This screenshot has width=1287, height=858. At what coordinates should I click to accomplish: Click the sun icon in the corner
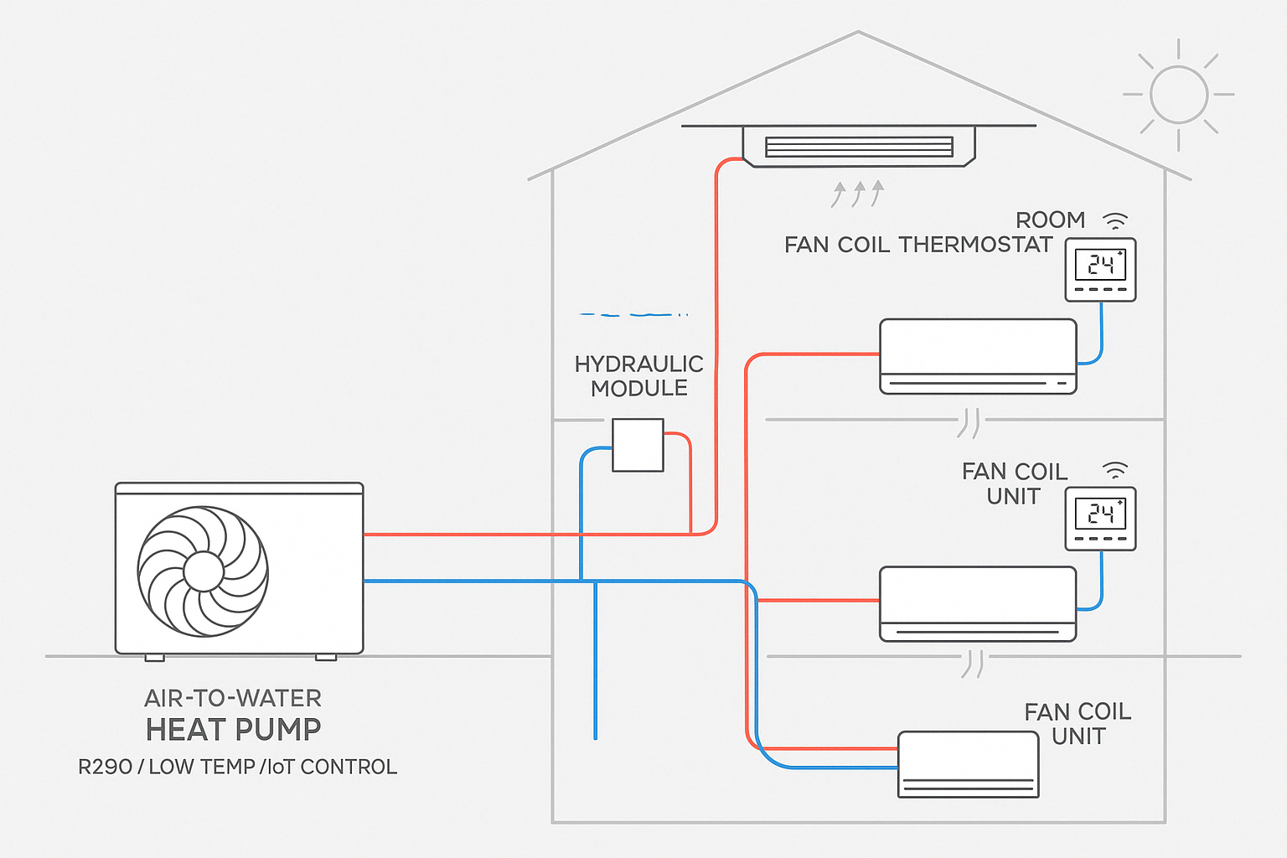click(x=1178, y=94)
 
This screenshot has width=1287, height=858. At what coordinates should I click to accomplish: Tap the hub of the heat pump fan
click(x=203, y=571)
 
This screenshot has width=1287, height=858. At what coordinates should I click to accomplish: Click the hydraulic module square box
click(x=638, y=445)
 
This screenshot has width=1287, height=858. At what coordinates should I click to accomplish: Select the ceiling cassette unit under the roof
click(x=859, y=147)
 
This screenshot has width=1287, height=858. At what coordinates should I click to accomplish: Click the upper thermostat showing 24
click(x=1100, y=269)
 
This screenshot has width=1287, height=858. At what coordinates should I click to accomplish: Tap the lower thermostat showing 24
click(x=1100, y=518)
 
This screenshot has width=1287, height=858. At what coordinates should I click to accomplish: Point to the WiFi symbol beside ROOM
click(x=1115, y=221)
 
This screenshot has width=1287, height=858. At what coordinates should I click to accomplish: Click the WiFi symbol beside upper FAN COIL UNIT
click(x=1115, y=471)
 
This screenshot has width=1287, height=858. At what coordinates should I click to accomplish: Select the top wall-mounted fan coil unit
click(x=978, y=355)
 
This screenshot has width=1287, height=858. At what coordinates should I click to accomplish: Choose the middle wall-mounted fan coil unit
click(x=978, y=603)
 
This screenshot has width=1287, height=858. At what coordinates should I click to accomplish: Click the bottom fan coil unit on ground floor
click(x=968, y=764)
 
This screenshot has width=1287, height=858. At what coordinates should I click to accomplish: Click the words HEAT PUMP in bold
click(x=233, y=730)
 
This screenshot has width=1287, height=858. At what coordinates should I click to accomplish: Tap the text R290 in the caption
click(x=105, y=767)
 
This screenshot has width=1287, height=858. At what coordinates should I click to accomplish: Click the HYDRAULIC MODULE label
click(x=638, y=376)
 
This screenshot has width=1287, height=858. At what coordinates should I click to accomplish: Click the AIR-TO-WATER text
click(x=233, y=698)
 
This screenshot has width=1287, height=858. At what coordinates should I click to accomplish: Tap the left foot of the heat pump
click(x=155, y=658)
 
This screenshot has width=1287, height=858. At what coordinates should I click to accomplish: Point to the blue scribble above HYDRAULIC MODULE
click(x=633, y=314)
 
